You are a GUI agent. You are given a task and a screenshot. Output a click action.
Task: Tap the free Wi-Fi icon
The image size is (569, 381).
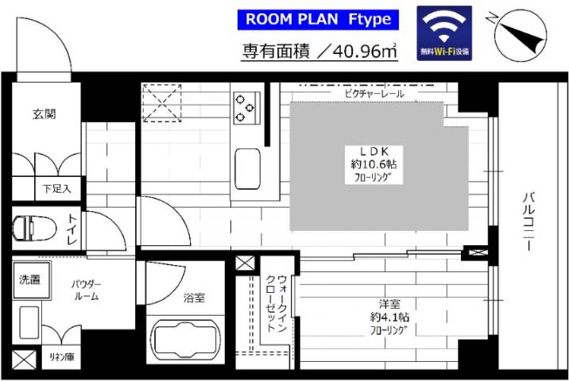pyautogui.click(x=444, y=33)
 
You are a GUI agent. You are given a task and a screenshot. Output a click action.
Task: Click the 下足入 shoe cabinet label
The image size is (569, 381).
pyautogui.click(x=57, y=189)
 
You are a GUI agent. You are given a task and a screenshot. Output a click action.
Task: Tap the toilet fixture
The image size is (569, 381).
pyautogui.click(x=34, y=228)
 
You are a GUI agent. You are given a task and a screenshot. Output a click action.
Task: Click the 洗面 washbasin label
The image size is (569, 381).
pyautogui.click(x=32, y=279)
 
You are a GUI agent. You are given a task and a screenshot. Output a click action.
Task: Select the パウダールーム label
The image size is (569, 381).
pyautogui.click(x=84, y=291)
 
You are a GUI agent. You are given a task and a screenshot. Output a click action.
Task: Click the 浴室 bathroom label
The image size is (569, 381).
pyautogui.click(x=194, y=298)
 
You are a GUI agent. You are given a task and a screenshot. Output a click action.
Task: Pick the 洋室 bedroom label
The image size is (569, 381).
pyautogui.click(x=390, y=304)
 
